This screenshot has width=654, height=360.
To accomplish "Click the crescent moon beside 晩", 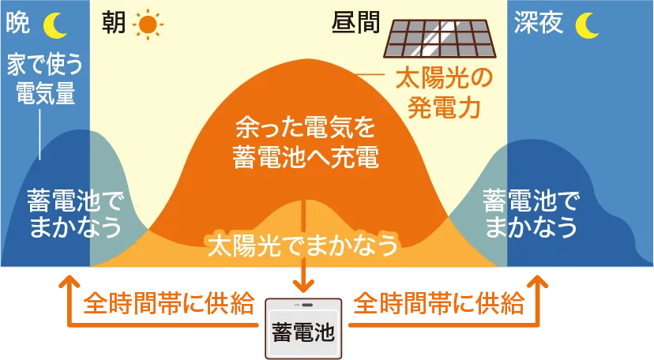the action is click(54, 25).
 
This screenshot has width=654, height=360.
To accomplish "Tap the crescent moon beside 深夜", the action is click(586, 25).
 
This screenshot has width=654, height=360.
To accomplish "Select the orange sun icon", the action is click(148, 25).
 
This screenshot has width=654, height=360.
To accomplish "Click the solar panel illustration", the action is click(441, 39).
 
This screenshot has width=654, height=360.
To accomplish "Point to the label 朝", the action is click(114, 22).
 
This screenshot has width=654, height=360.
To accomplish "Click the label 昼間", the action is click(355, 22).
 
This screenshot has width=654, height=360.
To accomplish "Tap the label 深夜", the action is click(539, 22).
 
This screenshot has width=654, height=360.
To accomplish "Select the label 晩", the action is click(18, 22).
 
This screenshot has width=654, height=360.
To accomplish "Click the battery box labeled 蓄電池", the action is click(303, 328).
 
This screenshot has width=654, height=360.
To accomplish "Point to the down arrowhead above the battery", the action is click(303, 286).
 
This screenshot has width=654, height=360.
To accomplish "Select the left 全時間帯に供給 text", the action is click(169, 303).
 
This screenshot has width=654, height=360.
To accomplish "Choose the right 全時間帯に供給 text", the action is click(439, 303).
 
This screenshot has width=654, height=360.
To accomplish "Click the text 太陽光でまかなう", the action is click(303, 245).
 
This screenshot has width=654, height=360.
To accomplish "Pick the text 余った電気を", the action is click(306, 127).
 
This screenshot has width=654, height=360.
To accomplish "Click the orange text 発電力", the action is click(444, 107).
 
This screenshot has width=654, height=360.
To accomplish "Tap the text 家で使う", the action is click(45, 65).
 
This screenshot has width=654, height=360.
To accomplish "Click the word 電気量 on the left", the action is click(46, 93).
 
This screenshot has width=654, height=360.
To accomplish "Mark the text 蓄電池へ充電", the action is click(306, 157).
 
